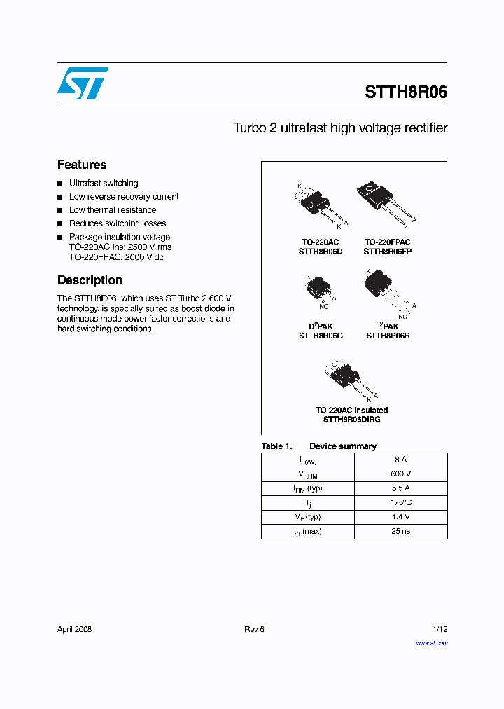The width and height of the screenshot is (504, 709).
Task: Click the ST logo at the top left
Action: coord(83,83)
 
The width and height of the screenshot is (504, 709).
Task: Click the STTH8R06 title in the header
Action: coord(406,92)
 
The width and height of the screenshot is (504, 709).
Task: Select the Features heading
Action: coord(82,165)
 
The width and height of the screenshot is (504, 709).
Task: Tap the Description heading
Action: coord(90,280)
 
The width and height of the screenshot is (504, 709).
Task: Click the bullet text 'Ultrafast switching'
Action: coord(104,184)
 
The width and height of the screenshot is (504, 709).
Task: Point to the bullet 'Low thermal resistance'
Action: coord(113,210)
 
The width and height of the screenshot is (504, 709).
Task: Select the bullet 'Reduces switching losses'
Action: coord(118,223)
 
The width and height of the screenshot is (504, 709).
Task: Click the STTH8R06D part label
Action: coord(321,251)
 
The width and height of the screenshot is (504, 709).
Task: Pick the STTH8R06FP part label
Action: coord(388,251)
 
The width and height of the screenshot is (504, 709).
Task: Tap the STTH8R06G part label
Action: coord(321,336)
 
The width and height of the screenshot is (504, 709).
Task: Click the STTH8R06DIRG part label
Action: coord(352,420)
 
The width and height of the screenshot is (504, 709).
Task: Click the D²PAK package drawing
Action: coord(319,288)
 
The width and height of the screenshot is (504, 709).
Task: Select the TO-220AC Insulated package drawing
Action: coord(349,379)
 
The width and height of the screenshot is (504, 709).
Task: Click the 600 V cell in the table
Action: coord(401,474)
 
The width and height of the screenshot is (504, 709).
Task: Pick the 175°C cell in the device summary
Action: coord(401,502)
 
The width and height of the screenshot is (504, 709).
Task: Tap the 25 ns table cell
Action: coord(401,531)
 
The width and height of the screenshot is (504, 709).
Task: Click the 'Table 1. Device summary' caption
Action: coord(318,446)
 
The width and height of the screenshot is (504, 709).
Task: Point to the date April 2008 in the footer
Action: coord(74,629)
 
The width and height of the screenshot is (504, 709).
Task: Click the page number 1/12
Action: coord(440,629)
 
